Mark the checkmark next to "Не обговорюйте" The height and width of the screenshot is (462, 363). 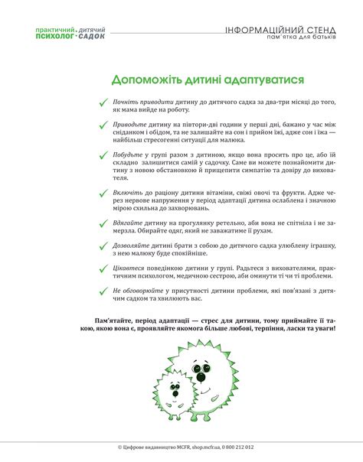point(103,291)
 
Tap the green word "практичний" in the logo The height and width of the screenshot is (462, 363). point(55,30)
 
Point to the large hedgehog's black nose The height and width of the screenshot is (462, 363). point(201,376)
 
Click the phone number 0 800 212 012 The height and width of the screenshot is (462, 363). point(235,447)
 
